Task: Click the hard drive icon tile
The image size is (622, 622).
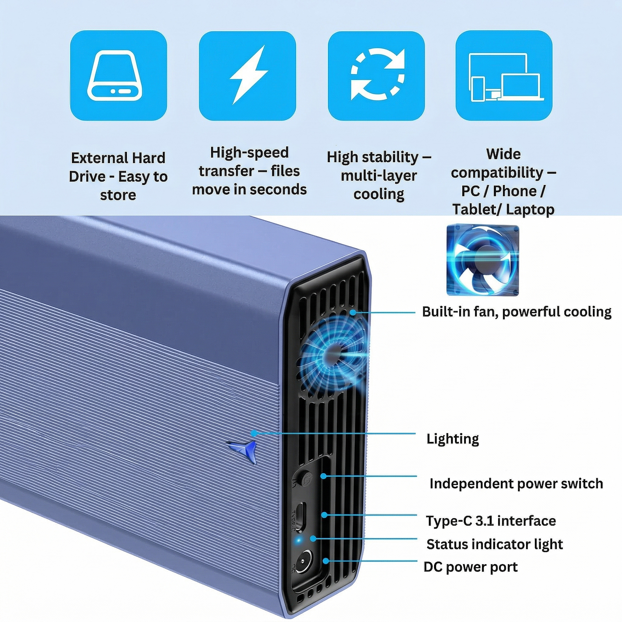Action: click(118, 75)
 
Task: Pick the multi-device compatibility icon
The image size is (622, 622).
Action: click(504, 75)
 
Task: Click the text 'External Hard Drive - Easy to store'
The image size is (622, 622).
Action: click(118, 176)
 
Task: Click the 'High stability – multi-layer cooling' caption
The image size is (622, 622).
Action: click(379, 176)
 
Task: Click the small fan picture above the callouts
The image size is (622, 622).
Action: click(483, 260)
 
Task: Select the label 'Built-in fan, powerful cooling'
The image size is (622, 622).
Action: click(516, 312)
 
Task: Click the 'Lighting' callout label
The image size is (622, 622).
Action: click(452, 439)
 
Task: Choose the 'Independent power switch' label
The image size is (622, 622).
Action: click(516, 484)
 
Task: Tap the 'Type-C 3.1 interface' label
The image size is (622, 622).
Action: click(491, 521)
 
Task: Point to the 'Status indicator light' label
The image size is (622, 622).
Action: click(494, 544)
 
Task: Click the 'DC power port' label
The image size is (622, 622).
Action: click(470, 567)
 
